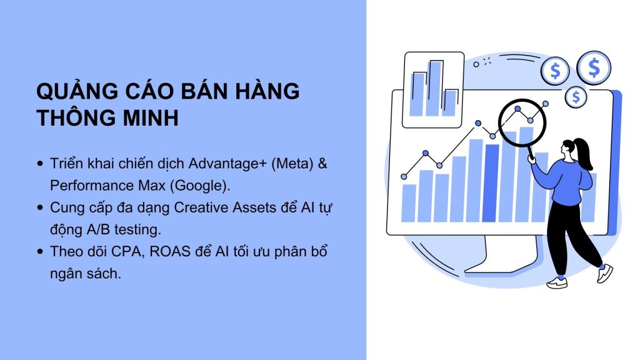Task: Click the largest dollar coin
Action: [x=593, y=67]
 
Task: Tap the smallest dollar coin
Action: [x=576, y=97]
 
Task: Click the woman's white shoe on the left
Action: [x=557, y=282]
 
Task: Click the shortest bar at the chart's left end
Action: [x=409, y=203]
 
